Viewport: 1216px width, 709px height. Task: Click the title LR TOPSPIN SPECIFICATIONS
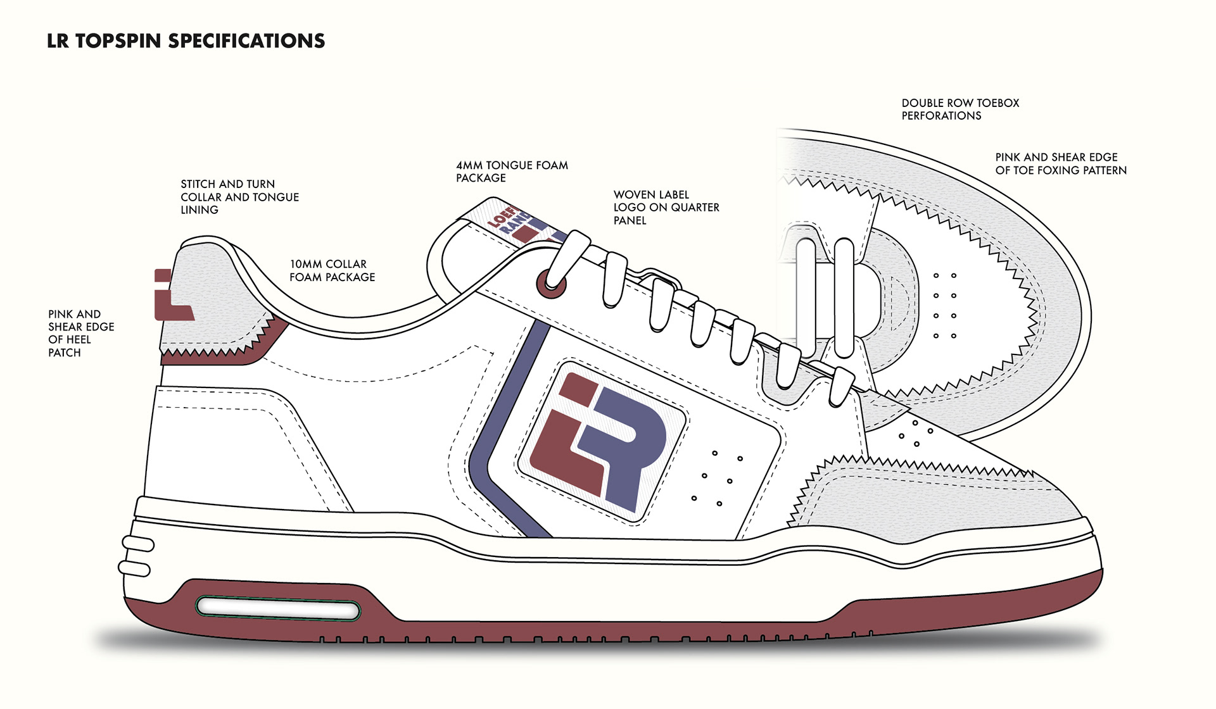pyautogui.click(x=186, y=41)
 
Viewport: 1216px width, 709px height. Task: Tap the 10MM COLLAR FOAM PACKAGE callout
pyautogui.click(x=332, y=270)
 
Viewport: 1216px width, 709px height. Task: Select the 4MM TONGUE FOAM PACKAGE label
pyautogui.click(x=512, y=172)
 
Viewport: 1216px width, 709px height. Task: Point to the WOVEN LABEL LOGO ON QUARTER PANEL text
pyautogui.click(x=666, y=208)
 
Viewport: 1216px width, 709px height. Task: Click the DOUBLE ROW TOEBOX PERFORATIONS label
pyautogui.click(x=960, y=110)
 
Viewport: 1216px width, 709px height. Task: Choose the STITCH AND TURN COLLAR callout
pyautogui.click(x=239, y=197)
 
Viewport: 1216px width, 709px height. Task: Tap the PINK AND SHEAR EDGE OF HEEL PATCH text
pyautogui.click(x=80, y=333)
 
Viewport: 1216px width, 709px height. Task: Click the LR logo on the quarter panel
pyautogui.click(x=598, y=440)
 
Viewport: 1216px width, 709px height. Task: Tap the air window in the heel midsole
pyautogui.click(x=277, y=608)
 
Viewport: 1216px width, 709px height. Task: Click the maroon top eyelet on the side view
pyautogui.click(x=551, y=284)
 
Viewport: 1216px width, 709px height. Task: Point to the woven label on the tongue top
pyautogui.click(x=516, y=225)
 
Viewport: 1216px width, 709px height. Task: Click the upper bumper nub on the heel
pyautogui.click(x=138, y=544)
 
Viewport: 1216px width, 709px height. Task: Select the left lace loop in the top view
pyautogui.click(x=806, y=298)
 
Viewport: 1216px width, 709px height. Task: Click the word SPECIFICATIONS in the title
pyautogui.click(x=246, y=41)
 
